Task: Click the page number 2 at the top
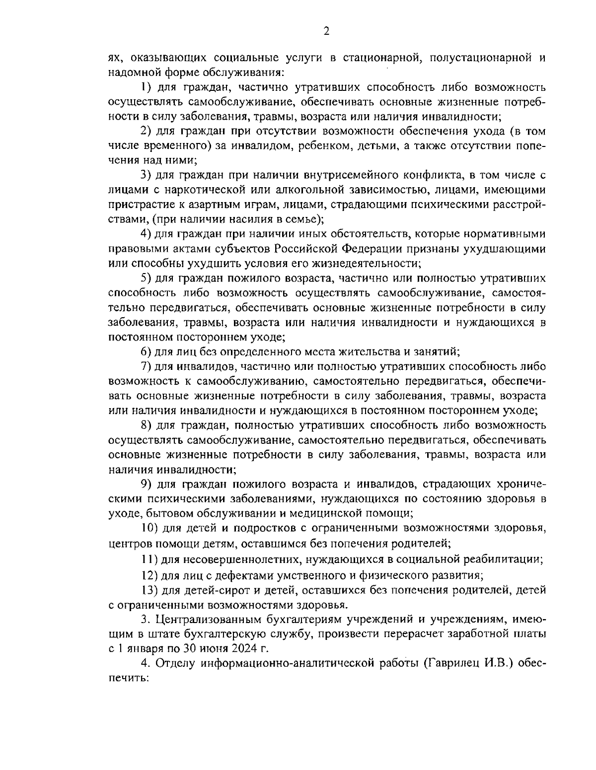pyautogui.click(x=326, y=31)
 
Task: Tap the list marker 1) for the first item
pyautogui.click(x=146, y=88)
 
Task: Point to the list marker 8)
pyautogui.click(x=146, y=425)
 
